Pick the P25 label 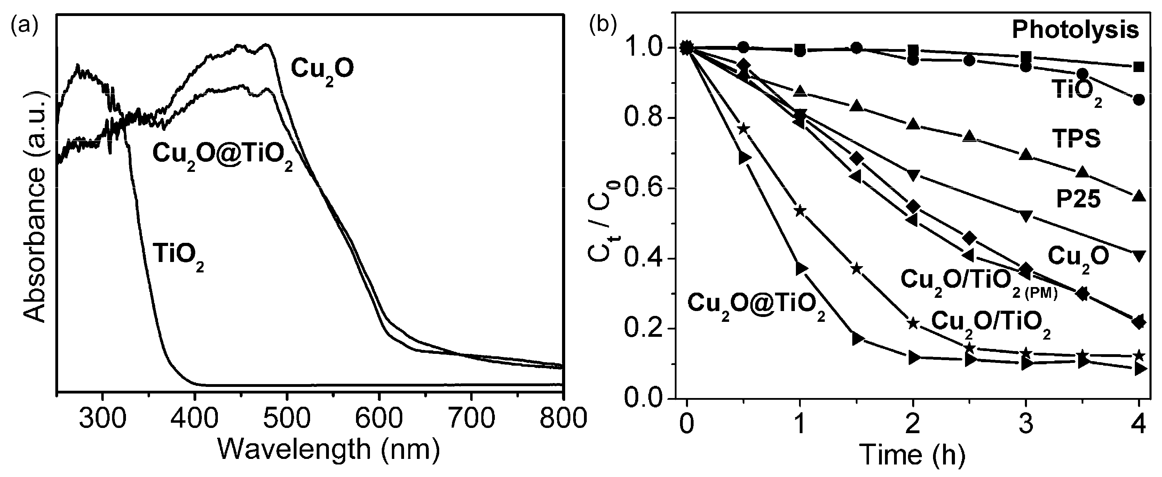pyautogui.click(x=1078, y=199)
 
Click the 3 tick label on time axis pyautogui.click(x=1027, y=425)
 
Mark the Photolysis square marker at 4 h pyautogui.click(x=1139, y=67)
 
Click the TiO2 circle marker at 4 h pyautogui.click(x=1139, y=100)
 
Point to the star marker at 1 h pyautogui.click(x=800, y=210)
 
